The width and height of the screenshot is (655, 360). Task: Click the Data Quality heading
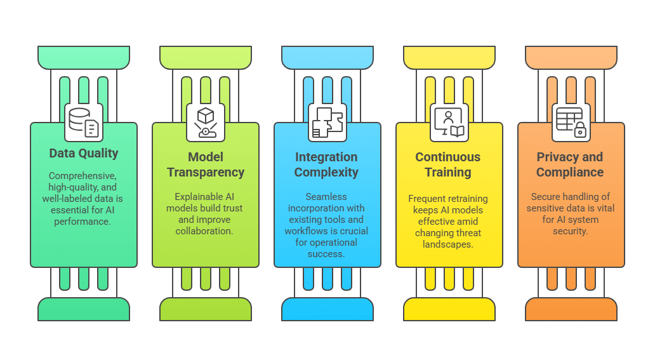84,153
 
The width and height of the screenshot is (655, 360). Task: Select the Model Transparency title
206,164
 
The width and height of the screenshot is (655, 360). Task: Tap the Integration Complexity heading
327,164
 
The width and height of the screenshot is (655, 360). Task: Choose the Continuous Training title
448,164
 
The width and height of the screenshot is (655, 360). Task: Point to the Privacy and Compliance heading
570,164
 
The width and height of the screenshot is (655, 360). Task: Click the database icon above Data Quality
83,123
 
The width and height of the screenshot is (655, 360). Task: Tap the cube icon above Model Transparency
206,123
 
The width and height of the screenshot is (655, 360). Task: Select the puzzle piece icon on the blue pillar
327,123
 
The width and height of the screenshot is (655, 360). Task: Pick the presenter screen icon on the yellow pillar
449,123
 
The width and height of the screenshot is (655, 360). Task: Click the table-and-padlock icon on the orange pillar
571,123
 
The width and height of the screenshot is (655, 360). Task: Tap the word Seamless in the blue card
327,197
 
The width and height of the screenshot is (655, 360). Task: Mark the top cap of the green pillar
84,57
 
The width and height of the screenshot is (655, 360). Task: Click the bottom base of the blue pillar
327,309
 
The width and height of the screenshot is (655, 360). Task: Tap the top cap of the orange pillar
571,57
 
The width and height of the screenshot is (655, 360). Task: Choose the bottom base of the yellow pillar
449,309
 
